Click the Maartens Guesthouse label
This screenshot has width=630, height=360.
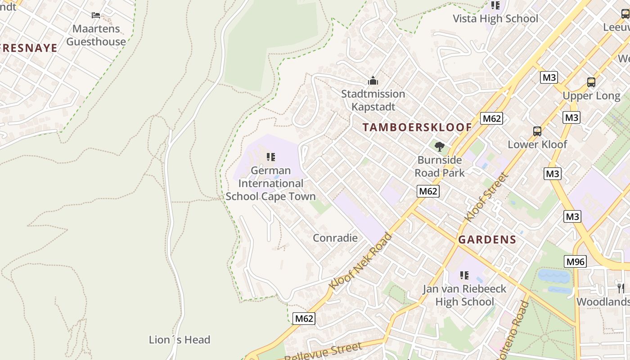click(x=96, y=35)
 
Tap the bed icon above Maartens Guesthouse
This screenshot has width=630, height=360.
click(x=96, y=15)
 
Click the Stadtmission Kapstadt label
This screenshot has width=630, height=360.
click(x=373, y=100)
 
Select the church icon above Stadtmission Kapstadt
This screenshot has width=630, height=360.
click(x=373, y=81)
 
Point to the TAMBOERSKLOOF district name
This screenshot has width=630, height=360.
click(x=417, y=127)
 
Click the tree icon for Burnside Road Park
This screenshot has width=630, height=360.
click(x=440, y=147)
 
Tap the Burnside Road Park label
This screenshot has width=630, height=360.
click(x=440, y=166)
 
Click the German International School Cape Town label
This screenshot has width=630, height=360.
click(x=270, y=184)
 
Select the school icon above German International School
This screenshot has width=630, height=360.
click(x=270, y=157)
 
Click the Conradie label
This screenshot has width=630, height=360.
click(x=335, y=238)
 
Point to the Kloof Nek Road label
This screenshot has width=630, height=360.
click(x=360, y=261)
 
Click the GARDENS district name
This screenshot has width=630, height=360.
click(x=487, y=240)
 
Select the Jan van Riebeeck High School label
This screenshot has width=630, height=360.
click(x=464, y=295)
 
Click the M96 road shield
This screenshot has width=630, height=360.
click(x=575, y=261)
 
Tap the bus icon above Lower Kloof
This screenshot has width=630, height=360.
click(x=537, y=131)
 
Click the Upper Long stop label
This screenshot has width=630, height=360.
click(x=591, y=96)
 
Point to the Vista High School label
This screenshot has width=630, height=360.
click(x=495, y=18)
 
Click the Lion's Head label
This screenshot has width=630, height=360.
click(x=180, y=340)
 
